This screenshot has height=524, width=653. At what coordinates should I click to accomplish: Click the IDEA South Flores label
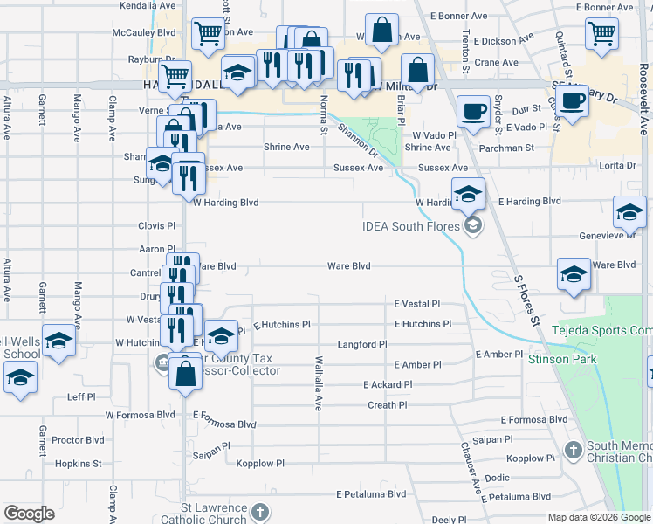(410, 228)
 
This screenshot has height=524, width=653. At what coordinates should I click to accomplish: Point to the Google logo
(29, 514)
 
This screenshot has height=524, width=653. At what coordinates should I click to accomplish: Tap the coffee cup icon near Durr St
(572, 101)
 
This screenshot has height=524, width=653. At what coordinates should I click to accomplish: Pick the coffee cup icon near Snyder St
(473, 111)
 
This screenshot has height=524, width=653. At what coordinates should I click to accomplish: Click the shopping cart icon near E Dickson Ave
(602, 33)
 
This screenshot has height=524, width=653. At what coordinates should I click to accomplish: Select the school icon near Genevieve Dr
(629, 210)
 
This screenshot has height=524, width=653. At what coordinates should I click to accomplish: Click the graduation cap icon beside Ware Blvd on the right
(573, 274)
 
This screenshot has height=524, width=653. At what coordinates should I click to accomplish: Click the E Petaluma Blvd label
(371, 494)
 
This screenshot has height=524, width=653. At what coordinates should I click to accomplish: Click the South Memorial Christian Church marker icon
(573, 451)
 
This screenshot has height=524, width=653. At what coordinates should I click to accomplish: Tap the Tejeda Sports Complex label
(602, 331)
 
